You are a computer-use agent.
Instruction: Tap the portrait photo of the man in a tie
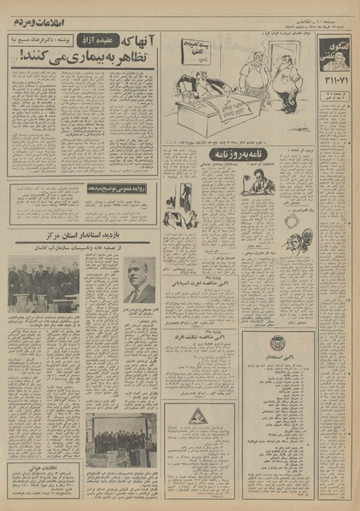click(138, 281)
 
